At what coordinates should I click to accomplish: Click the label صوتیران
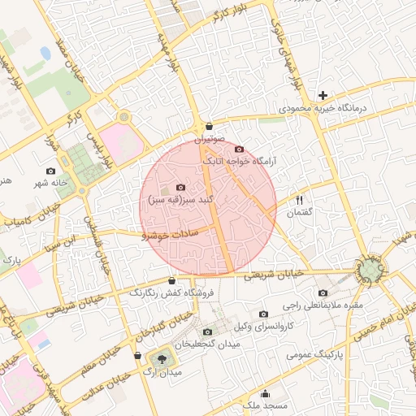point(210,139)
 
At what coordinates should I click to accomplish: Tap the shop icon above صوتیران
point(210,127)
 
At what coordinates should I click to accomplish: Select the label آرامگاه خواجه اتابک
point(243,162)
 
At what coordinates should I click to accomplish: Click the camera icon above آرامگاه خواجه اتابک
point(239,149)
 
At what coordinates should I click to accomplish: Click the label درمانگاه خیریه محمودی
point(324,107)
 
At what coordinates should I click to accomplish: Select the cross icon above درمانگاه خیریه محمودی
point(323,95)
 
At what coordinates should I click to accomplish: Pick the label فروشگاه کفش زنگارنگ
point(169,292)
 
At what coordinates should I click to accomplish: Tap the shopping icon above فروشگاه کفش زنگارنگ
point(171,280)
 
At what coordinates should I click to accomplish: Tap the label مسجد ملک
point(264,405)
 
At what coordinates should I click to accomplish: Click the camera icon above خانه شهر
point(51,171)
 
